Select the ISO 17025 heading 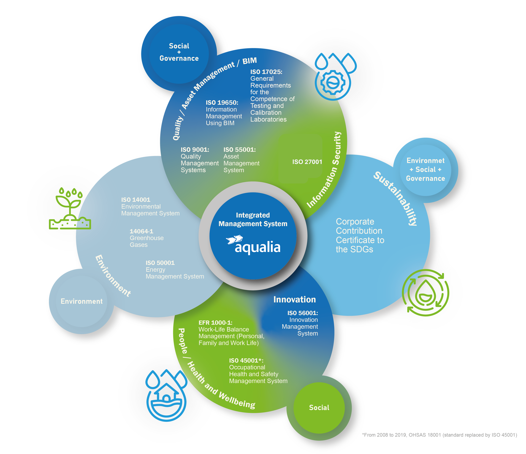266,72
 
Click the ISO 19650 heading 222,103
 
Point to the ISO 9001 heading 195,150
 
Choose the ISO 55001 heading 239,150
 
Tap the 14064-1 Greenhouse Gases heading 141,231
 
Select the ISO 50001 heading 160,263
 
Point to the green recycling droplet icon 426,292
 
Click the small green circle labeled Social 319,408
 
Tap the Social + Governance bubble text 179,52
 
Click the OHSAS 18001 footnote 439,435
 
